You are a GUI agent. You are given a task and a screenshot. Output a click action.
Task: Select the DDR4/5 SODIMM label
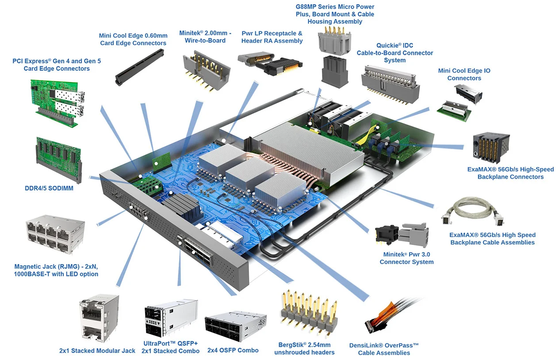point(49,188)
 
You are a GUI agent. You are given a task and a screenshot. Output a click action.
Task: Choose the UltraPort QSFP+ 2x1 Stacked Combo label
point(170,347)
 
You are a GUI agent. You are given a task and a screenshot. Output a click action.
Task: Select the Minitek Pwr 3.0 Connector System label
point(407,258)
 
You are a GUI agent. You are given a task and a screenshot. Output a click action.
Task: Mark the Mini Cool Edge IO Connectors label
point(464,74)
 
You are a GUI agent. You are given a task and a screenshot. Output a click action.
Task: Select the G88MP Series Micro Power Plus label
point(335,14)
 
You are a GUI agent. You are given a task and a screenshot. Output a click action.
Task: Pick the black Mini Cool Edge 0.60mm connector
point(138,66)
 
